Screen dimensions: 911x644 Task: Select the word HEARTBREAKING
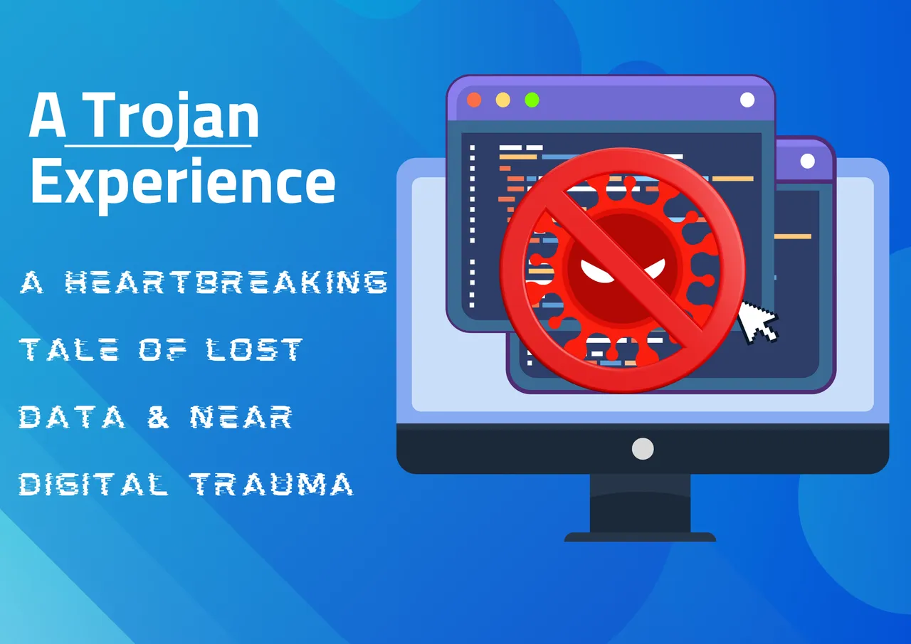[226, 283]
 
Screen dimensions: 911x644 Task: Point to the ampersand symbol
[158, 417]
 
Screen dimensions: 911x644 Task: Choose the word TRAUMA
[272, 484]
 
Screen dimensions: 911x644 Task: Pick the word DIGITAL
[93, 484]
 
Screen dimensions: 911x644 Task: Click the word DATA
[72, 417]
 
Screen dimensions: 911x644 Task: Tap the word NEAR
[241, 417]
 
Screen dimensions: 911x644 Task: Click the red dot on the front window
[474, 100]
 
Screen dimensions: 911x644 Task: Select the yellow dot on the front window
[503, 100]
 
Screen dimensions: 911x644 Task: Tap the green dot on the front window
[532, 100]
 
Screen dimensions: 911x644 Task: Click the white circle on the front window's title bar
[747, 100]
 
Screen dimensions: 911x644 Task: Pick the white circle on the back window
[807, 162]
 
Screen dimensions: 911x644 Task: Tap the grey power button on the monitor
[643, 449]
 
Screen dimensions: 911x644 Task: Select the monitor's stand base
[640, 537]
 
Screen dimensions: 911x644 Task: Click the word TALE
[69, 349]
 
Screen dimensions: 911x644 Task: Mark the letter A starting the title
[48, 115]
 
